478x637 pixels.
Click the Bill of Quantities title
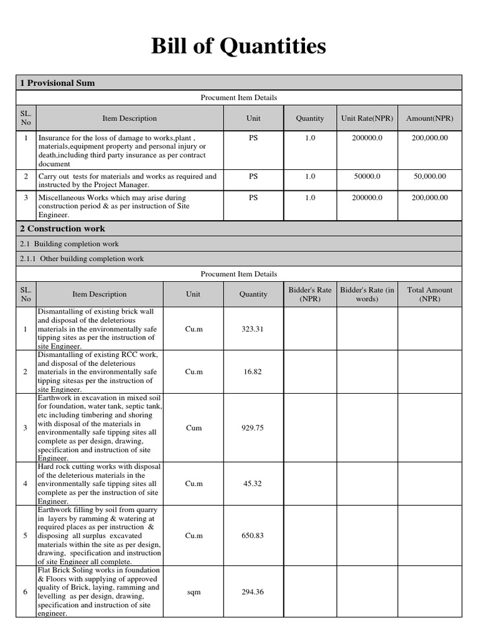coord(238,46)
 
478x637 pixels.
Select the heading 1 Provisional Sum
coord(57,83)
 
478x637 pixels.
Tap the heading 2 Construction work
coord(62,228)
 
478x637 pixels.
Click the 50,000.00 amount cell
coord(429,177)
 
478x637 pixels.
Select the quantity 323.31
coord(253,329)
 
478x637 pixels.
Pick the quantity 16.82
coord(253,371)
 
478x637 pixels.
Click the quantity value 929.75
coord(253,428)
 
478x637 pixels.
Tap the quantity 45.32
coord(253,483)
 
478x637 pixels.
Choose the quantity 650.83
coord(253,536)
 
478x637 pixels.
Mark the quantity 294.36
coord(253,592)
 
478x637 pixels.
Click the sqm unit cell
coord(194,592)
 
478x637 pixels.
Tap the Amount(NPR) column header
coord(429,118)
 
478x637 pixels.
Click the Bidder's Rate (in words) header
coord(367,294)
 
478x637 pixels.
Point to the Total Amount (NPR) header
coord(429,294)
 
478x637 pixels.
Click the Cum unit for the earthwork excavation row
coord(194,428)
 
